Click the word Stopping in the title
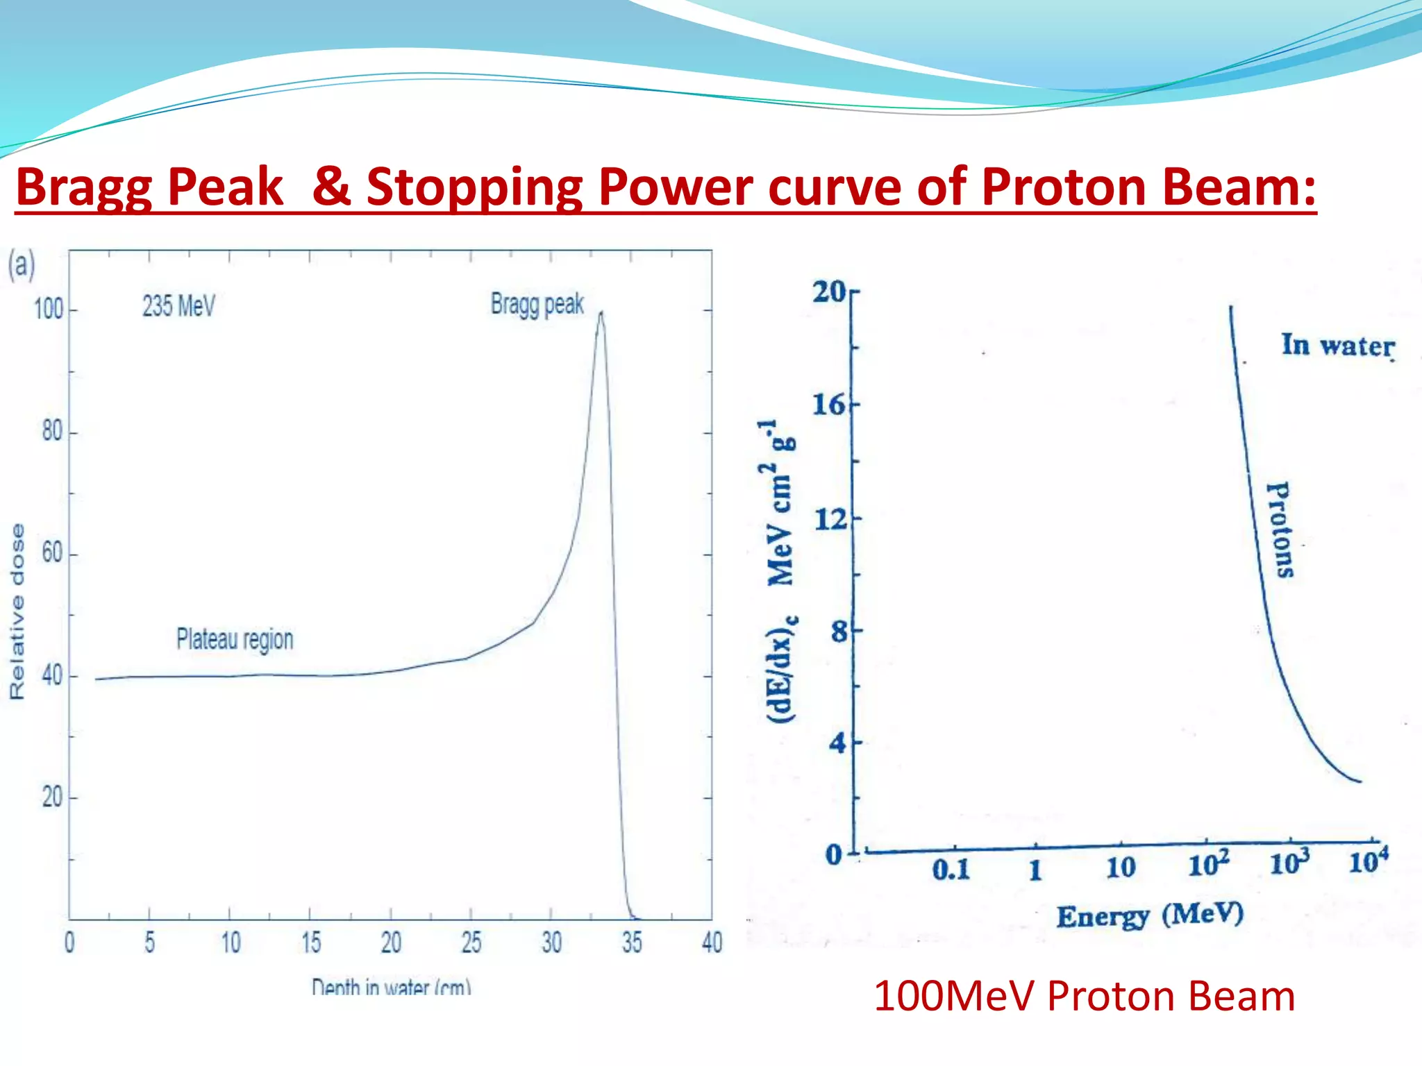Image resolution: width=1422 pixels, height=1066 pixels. point(474,187)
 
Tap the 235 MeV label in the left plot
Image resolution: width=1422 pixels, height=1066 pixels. point(178,306)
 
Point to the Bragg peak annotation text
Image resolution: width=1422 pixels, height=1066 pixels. point(537,304)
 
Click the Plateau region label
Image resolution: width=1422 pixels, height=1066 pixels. point(235,639)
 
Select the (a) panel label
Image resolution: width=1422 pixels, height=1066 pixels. point(21,265)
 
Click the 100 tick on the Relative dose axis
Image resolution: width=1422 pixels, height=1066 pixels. point(49,310)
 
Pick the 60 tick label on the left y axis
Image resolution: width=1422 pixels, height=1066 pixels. point(52,553)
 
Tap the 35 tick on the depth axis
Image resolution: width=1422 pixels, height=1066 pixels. point(632,942)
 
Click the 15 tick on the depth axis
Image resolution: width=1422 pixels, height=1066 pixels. point(311,942)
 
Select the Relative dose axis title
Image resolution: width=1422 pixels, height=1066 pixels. point(17,611)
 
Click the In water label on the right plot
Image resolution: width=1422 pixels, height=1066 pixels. point(1337,346)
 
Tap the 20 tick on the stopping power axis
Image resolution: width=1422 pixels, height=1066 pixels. point(829,292)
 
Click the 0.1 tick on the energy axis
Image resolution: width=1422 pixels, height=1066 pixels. point(951,869)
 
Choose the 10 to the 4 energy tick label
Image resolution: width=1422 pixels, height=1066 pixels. point(1368,861)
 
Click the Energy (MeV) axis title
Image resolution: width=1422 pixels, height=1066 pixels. point(1150,915)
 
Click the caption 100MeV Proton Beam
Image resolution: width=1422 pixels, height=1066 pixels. point(1084,997)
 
